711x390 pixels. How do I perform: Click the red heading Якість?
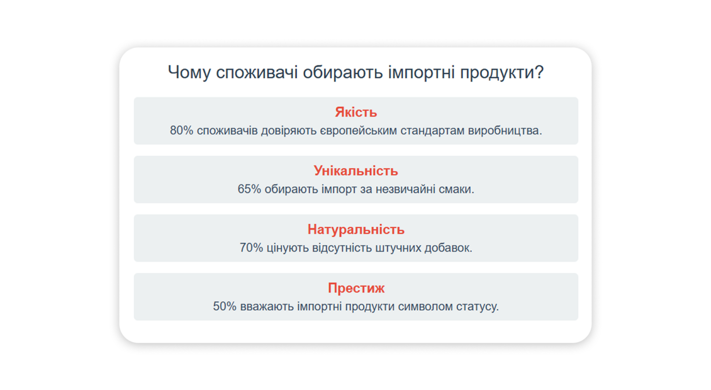356,112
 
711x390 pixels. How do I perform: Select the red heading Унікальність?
356,171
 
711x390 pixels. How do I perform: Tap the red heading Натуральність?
356,230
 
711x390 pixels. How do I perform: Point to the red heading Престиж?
356,288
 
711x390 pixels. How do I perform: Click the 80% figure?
182,130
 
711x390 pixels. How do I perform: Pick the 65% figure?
249,189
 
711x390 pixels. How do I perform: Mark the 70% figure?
251,248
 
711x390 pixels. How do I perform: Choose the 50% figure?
225,307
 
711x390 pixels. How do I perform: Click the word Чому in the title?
189,73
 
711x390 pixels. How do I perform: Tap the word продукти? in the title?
502,73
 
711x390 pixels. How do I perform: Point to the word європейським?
358,131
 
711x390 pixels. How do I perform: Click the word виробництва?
505,130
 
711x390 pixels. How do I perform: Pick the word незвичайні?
405,189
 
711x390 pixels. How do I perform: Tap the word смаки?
456,190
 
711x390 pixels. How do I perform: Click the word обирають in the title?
343,73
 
